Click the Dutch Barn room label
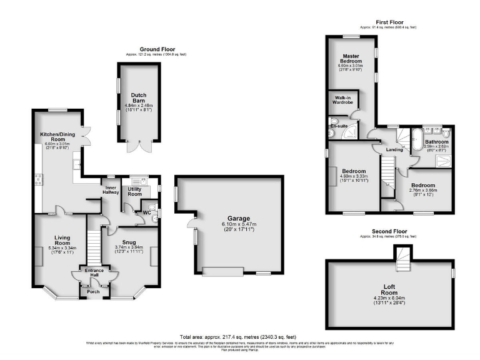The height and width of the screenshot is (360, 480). click(x=139, y=99)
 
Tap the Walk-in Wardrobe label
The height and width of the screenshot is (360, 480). click(x=341, y=100)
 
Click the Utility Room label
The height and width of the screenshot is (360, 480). click(x=135, y=191)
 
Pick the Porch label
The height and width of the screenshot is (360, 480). click(x=94, y=291)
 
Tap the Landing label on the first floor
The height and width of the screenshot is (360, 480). click(x=394, y=149)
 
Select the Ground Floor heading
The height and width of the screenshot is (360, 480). click(x=157, y=49)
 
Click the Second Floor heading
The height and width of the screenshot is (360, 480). click(x=389, y=231)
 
